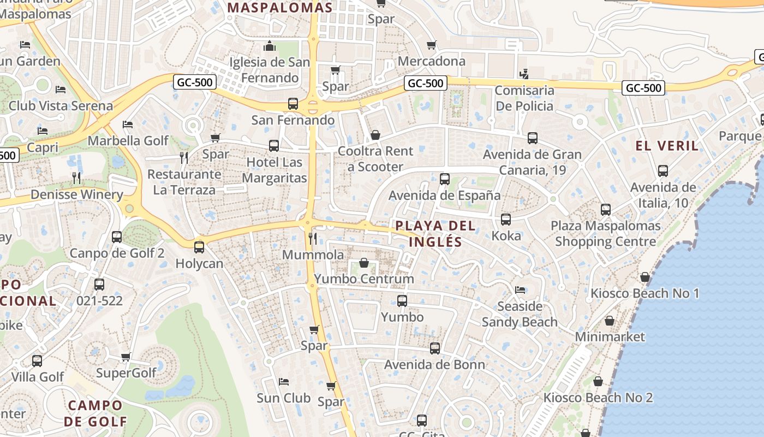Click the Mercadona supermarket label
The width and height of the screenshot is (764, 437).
(x=432, y=61)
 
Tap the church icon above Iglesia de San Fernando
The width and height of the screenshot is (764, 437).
(x=270, y=46)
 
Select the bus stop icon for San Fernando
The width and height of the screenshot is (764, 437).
(x=293, y=104)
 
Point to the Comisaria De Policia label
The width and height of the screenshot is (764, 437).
(x=524, y=98)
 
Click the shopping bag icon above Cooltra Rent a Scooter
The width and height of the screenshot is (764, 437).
(x=375, y=135)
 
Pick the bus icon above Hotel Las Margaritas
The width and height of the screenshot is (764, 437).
(x=274, y=146)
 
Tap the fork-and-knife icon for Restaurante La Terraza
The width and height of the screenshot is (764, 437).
(x=184, y=158)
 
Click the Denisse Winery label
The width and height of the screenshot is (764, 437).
(x=76, y=194)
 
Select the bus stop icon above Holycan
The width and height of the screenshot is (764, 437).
(x=199, y=247)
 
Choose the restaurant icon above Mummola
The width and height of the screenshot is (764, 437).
(x=313, y=238)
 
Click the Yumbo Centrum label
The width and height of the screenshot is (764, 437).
(x=363, y=279)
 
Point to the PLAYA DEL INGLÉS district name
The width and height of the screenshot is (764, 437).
(x=435, y=233)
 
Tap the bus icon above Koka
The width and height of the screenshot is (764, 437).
(x=506, y=220)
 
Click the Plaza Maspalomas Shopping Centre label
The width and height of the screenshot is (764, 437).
(x=605, y=233)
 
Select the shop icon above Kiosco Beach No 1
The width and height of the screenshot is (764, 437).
(x=644, y=277)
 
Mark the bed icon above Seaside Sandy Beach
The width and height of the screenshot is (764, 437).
(x=520, y=290)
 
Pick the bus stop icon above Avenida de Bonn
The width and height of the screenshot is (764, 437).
(x=434, y=348)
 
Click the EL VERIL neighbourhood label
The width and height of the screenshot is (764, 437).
(x=667, y=146)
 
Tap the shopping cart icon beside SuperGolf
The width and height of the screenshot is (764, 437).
(x=126, y=357)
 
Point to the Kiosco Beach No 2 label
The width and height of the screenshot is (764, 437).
(x=598, y=398)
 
